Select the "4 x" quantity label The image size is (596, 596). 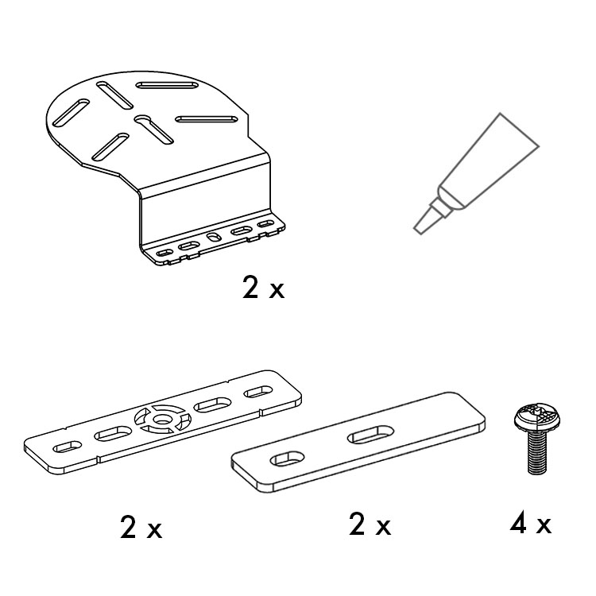tap(530, 524)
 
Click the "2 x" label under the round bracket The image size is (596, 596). tap(263, 288)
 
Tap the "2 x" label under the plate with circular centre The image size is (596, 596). tap(141, 527)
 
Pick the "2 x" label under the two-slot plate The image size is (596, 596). tap(370, 524)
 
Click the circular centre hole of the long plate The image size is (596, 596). tap(162, 420)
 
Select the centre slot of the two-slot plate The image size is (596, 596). tap(370, 435)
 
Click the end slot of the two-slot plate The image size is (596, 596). tap(288, 459)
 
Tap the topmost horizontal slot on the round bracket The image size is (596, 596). tap(167, 85)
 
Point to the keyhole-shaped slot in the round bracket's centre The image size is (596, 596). tap(153, 130)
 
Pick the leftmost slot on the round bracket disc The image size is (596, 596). tap(71, 113)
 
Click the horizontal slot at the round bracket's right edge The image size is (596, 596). tap(207, 119)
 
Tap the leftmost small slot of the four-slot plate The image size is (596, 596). tap(68, 447)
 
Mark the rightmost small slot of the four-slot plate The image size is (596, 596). tap(258, 392)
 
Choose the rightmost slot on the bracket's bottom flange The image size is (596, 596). tap(265, 224)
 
